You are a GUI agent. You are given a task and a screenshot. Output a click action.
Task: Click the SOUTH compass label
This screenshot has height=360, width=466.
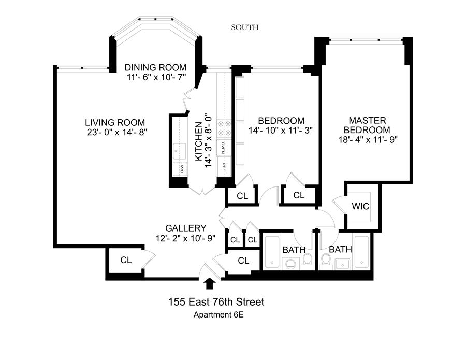[244, 27]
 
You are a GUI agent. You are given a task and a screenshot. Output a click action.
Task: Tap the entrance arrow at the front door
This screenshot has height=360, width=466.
[210, 283]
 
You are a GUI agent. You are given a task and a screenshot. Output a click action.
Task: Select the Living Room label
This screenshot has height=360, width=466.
[115, 122]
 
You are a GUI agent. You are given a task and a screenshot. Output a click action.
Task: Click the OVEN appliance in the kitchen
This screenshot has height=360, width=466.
[223, 148]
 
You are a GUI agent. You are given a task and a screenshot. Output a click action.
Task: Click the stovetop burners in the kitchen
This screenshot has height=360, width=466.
[224, 128]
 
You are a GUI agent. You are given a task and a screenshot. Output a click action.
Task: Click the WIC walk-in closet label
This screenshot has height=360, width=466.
[360, 206]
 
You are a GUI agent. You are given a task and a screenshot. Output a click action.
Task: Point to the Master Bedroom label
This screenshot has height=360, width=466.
[368, 125]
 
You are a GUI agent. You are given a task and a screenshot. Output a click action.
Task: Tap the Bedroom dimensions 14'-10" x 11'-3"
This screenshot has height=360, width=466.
[280, 131]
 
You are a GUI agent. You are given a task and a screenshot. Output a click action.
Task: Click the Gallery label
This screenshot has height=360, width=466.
[186, 228]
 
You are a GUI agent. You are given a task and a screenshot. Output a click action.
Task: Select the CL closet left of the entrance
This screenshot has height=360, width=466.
[126, 260]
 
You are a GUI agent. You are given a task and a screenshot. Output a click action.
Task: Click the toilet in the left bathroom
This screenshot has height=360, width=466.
[307, 262]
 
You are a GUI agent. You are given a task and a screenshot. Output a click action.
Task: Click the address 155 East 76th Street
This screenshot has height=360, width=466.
[216, 302]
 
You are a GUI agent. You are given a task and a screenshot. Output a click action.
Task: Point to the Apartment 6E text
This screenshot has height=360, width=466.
[219, 315]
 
